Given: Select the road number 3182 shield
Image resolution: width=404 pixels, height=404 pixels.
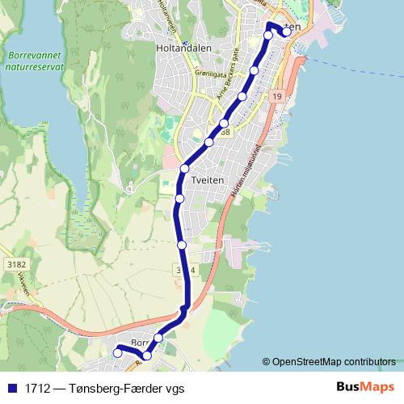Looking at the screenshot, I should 16,264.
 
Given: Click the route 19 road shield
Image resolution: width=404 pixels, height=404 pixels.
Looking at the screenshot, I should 277,97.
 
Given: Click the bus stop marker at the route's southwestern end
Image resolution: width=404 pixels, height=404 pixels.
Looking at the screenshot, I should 117,352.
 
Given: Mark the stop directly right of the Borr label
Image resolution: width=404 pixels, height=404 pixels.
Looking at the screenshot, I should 158,338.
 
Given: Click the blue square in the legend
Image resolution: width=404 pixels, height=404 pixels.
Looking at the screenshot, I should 12,388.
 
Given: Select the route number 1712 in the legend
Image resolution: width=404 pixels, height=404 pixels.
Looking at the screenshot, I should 37,388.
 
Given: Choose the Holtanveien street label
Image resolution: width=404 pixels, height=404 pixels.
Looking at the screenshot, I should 163,16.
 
